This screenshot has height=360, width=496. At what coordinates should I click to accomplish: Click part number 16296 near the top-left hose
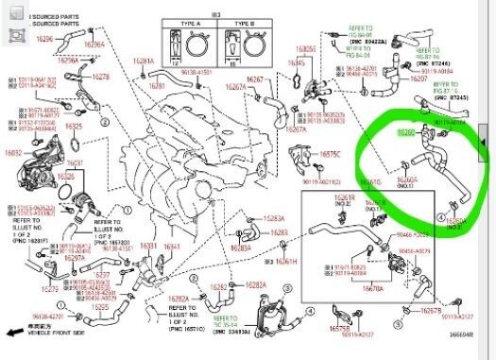click(x=44, y=39)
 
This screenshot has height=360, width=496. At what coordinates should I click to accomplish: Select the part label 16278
click(x=101, y=76)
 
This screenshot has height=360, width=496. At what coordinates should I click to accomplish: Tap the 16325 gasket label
click(x=74, y=126)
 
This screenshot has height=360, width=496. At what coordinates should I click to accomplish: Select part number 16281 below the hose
click(x=143, y=61)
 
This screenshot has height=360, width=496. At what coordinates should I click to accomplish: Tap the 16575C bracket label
click(x=329, y=153)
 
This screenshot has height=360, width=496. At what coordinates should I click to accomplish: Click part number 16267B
click(x=430, y=310)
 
